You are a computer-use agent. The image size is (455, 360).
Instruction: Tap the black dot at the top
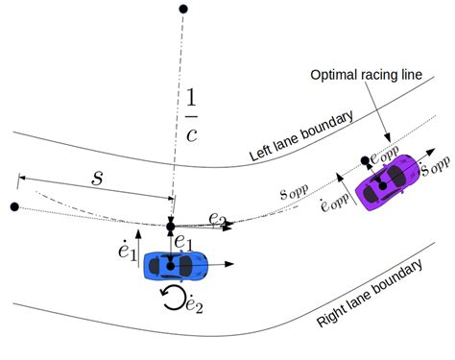183,10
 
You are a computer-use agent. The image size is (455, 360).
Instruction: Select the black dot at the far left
13,206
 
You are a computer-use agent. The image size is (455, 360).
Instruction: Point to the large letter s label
96,178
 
